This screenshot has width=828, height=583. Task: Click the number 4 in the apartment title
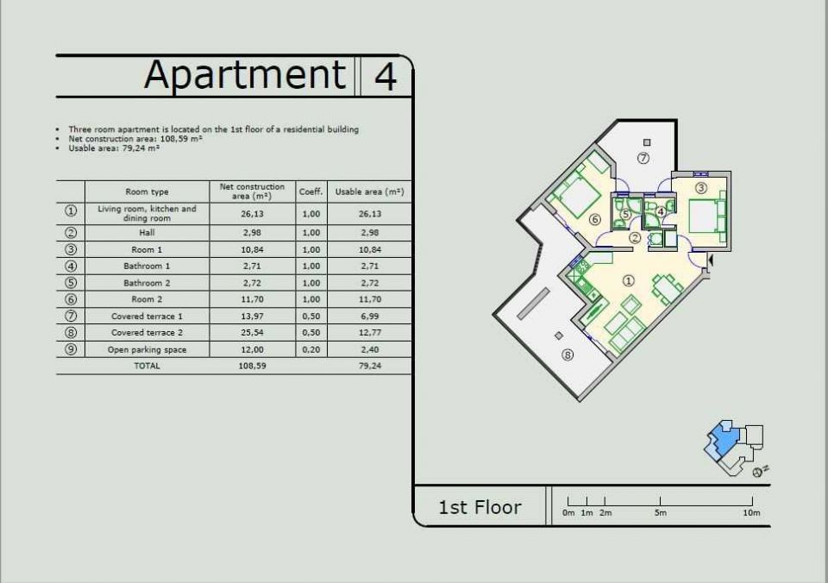coord(386,76)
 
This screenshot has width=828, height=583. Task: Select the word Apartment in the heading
coord(245,75)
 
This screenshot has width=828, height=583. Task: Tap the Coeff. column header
coord(311,191)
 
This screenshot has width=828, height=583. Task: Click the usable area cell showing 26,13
coord(370,214)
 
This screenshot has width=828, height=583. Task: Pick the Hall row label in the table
coord(147,232)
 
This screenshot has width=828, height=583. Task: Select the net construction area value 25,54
coord(253,333)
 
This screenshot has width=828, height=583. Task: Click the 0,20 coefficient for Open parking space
coord(311,349)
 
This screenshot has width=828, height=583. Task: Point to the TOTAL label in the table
coord(147,366)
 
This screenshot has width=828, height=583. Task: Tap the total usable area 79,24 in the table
coord(370,366)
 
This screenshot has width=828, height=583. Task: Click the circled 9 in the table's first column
coord(71,349)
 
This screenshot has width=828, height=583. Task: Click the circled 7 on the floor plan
coord(643,158)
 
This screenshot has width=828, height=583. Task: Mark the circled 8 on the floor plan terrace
coord(568,354)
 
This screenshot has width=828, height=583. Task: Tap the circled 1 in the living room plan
coord(628,280)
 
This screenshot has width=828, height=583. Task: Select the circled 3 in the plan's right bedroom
coord(700,187)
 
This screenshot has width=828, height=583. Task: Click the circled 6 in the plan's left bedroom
coord(594,219)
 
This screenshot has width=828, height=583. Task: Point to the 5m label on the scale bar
coord(661,513)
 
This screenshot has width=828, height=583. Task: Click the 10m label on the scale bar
coord(751,513)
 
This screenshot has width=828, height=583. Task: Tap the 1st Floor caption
coord(480,507)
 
